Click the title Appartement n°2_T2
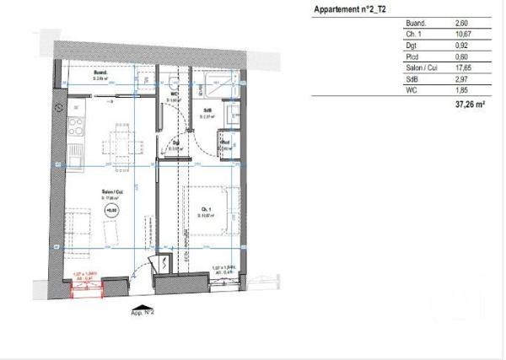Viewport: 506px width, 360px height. pyautogui.click(x=350, y=9)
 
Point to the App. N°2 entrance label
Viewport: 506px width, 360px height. pyautogui.click(x=142, y=312)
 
